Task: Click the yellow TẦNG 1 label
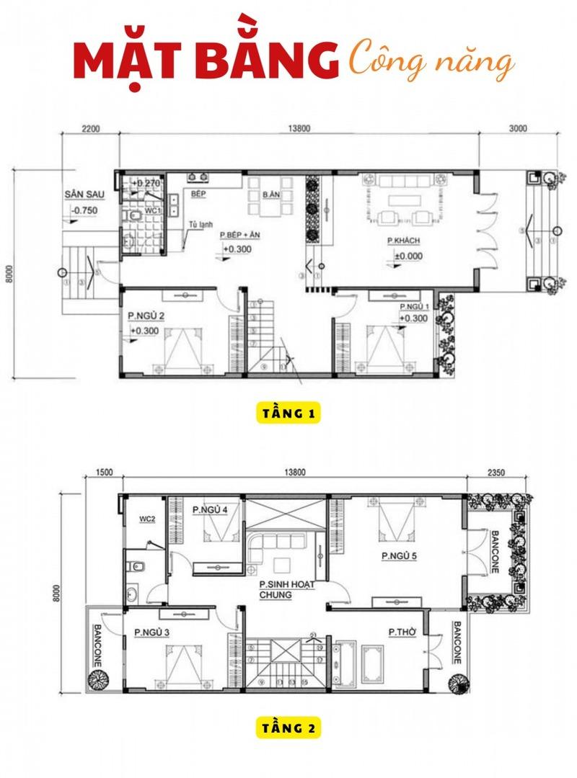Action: point(288,414)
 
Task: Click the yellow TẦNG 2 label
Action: point(288,728)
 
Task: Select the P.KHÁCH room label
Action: point(403,240)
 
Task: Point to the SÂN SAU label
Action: point(81,195)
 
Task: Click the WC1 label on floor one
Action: point(153,210)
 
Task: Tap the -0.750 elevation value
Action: point(85,211)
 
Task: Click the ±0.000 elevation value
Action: point(408,256)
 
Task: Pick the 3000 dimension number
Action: point(518,129)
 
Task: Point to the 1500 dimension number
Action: point(105,473)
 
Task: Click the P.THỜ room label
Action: point(400,632)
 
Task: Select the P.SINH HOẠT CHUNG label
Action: point(287,590)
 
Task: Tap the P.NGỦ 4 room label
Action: point(210,510)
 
